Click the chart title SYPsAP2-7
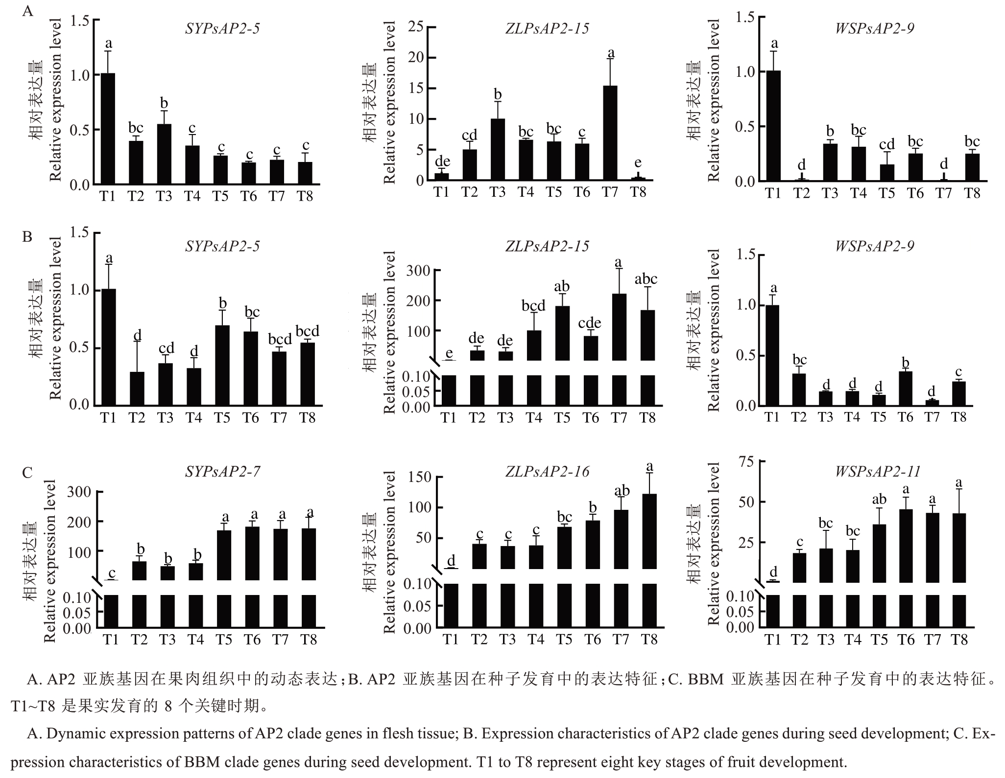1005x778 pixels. (x=222, y=471)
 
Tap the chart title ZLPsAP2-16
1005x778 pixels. (x=547, y=471)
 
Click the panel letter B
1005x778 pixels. (x=27, y=237)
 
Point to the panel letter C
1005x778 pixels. (x=27, y=472)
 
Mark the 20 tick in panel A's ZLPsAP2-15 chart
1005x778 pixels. (x=415, y=58)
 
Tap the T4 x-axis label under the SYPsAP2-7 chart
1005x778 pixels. (x=195, y=639)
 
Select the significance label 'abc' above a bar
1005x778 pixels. (x=646, y=279)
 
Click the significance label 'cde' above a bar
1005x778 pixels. (x=590, y=323)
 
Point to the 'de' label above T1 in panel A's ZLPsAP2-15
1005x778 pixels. (x=442, y=161)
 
